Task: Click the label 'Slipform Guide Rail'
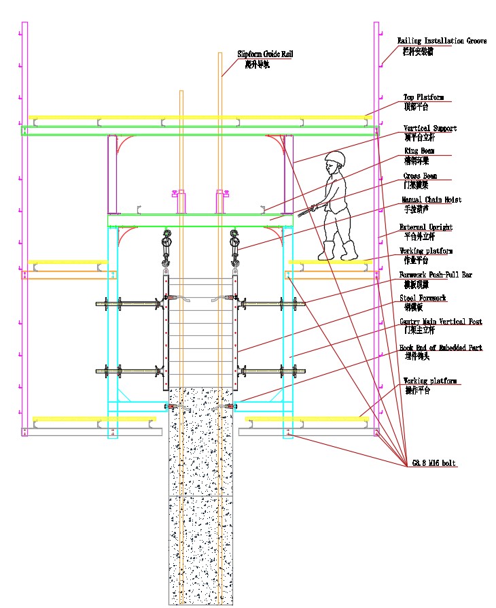coord(263,53)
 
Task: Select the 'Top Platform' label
coord(423,97)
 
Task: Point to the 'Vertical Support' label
coord(429,128)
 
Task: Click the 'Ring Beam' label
coord(419,151)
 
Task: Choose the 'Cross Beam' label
coord(420,176)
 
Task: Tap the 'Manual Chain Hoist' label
coord(431,200)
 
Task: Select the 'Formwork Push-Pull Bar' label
coord(435,275)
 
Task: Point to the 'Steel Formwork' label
coord(423,298)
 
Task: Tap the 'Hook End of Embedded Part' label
coord(440,348)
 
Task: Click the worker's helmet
coord(334,158)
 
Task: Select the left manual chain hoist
coord(166,248)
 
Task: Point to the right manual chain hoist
coord(235,248)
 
